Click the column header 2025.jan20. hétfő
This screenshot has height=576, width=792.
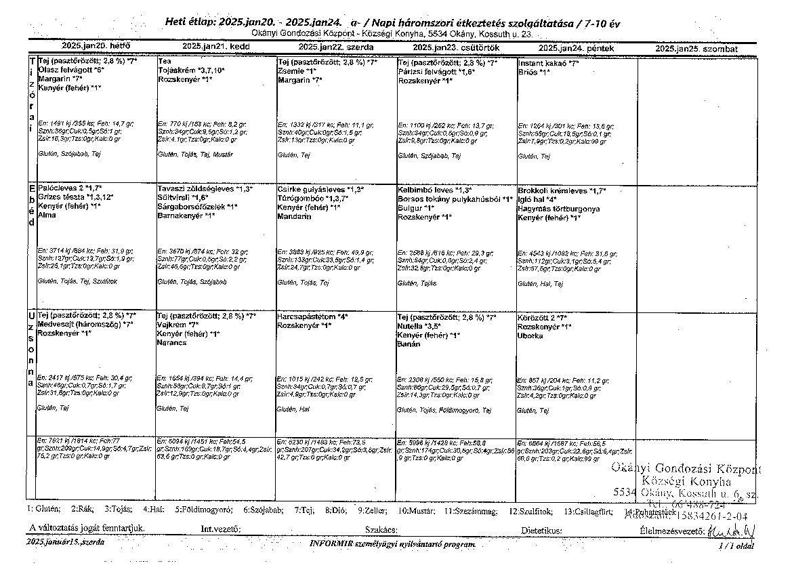tap(96, 47)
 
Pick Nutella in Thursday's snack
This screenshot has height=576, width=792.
tap(411, 326)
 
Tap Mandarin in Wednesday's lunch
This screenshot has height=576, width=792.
tap(293, 216)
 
